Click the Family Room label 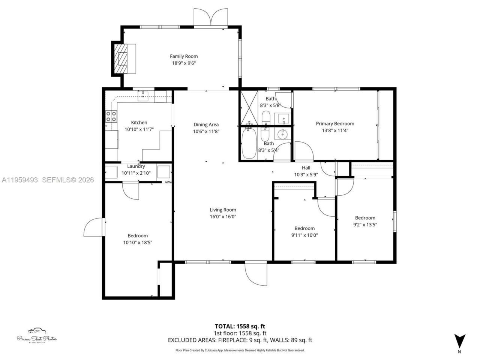pos(184,56)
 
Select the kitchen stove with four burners pos(111,116)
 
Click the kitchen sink pos(143,96)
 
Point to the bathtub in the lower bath pos(249,144)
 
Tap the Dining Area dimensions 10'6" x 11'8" pos(206,132)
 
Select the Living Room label pos(223,210)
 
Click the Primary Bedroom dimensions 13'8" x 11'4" pos(335,130)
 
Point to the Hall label pos(306,168)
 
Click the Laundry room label pos(136,166)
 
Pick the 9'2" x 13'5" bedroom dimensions pos(365,225)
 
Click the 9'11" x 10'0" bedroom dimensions pos(304,235)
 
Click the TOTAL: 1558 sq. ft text pos(240,326)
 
